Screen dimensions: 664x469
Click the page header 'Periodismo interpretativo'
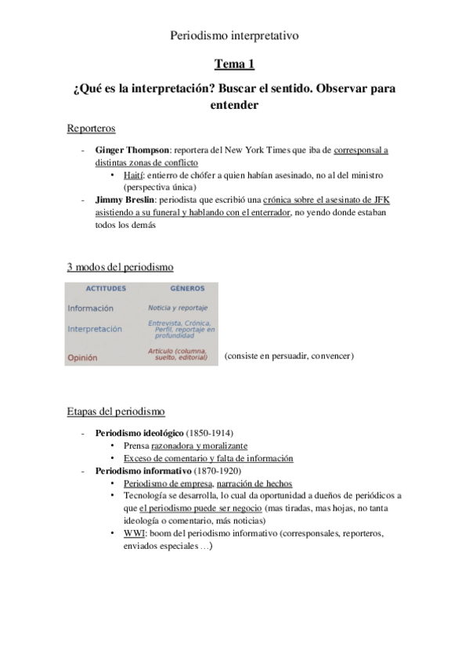pyautogui.click(x=234, y=35)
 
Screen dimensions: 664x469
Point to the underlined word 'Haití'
pyautogui.click(x=133, y=175)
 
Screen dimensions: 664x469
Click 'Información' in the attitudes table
pyautogui.click(x=90, y=309)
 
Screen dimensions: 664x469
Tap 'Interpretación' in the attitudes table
pyautogui.click(x=95, y=330)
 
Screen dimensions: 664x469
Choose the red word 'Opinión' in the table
pyautogui.click(x=82, y=357)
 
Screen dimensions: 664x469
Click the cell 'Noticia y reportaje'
pyautogui.click(x=178, y=309)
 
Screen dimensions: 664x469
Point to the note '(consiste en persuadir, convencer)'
pyautogui.click(x=288, y=356)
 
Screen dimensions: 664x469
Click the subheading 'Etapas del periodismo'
pyautogui.click(x=116, y=411)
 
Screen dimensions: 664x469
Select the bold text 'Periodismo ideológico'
pyautogui.click(x=139, y=432)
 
